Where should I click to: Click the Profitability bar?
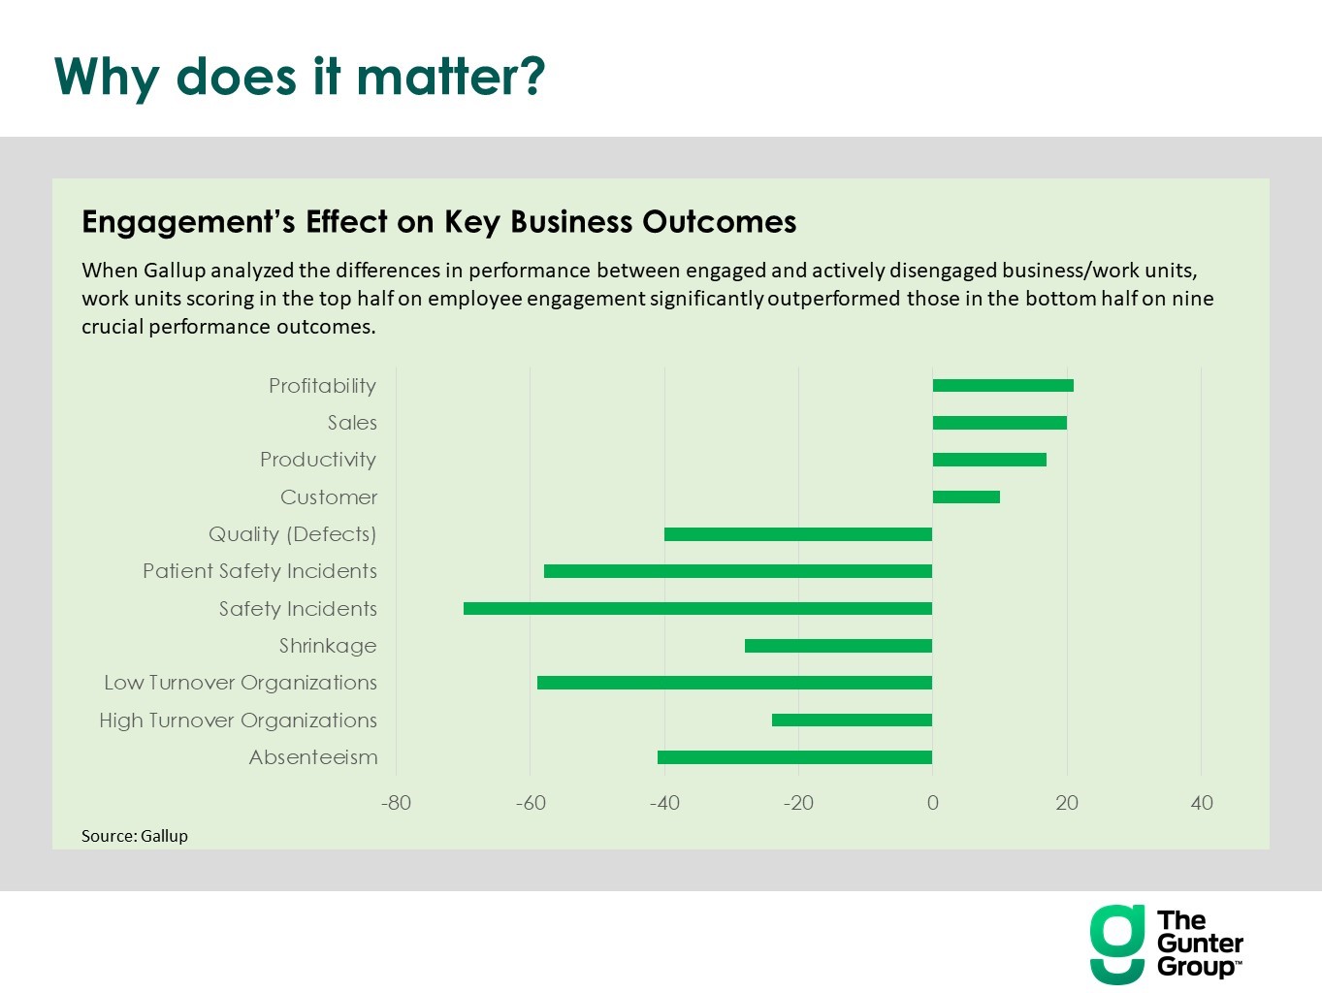coord(1003,386)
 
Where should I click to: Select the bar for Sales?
coord(999,423)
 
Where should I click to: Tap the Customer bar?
coord(966,497)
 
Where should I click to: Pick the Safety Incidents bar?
coord(697,609)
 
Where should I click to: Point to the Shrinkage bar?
coord(838,646)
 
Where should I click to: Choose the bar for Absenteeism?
coord(794,757)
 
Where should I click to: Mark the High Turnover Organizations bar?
coord(852,721)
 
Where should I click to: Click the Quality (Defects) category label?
coord(292,534)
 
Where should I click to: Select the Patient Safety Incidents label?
coord(259,571)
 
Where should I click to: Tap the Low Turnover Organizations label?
coord(240,683)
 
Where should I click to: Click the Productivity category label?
coord(317,460)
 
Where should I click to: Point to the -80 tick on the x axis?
coord(396,803)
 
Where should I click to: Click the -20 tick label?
coord(798,803)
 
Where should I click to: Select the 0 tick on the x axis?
coord(932,803)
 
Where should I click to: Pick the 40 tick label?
coord(1201,803)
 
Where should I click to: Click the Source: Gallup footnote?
coord(134,836)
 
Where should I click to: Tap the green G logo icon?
coord(1117,944)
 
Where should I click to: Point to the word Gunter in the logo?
coord(1200,944)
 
